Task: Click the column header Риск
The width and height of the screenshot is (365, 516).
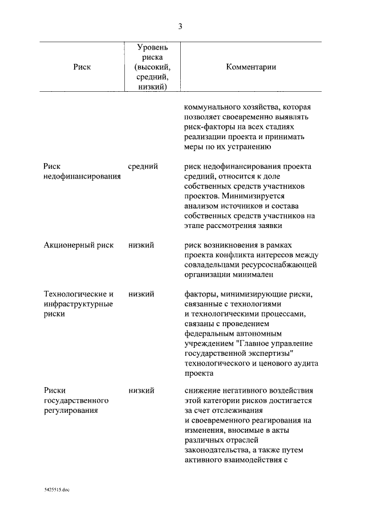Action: tap(82, 67)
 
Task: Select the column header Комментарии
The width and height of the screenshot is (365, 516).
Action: tap(251, 67)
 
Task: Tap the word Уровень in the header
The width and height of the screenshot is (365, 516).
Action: tap(152, 47)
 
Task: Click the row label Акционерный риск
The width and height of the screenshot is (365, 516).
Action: tap(79, 245)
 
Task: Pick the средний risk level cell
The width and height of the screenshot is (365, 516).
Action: tap(143, 166)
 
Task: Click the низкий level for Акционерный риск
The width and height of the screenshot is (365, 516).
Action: tap(141, 245)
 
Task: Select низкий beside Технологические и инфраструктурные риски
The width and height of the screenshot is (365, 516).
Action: tap(141, 294)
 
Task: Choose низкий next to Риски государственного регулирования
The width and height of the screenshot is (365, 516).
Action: tap(141, 391)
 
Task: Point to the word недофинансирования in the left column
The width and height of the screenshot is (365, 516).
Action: tap(82, 177)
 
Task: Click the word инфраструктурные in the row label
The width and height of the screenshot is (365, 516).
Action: tap(78, 304)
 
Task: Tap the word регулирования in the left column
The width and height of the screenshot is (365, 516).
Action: tap(71, 411)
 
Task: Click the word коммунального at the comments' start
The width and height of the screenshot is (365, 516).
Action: tap(213, 107)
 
